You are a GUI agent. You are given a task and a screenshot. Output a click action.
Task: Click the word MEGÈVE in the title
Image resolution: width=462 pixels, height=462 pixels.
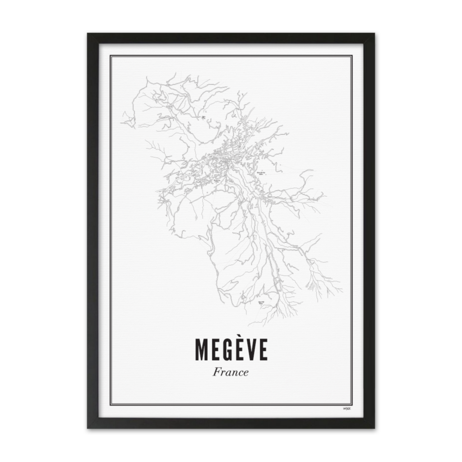point(231,350)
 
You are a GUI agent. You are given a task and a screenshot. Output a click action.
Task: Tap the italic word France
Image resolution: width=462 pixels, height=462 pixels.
point(231,373)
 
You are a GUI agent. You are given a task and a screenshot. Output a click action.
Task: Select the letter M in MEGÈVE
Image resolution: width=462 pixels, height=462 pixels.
point(202,350)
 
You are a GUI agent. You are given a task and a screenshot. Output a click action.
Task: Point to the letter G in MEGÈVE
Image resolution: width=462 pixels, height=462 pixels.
point(227,350)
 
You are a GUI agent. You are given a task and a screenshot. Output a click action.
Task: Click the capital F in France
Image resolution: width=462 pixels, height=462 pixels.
point(217,373)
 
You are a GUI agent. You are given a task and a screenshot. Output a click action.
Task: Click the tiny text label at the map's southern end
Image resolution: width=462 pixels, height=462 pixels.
point(261,303)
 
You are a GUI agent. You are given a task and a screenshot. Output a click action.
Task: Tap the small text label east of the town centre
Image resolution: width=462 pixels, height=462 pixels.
point(260,173)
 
